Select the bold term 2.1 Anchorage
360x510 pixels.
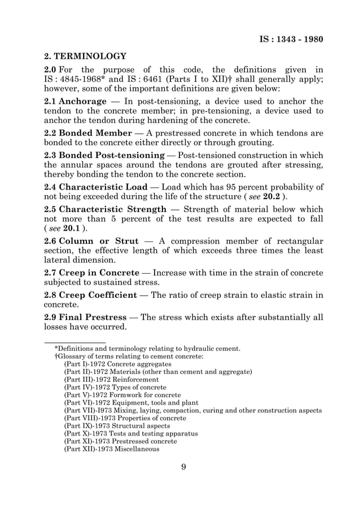pos(75,102)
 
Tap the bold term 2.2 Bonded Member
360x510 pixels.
pos(87,134)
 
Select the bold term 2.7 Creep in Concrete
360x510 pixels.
pos(91,273)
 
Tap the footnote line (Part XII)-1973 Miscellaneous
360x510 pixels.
pos(111,450)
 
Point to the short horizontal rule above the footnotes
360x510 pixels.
pos(75,342)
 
